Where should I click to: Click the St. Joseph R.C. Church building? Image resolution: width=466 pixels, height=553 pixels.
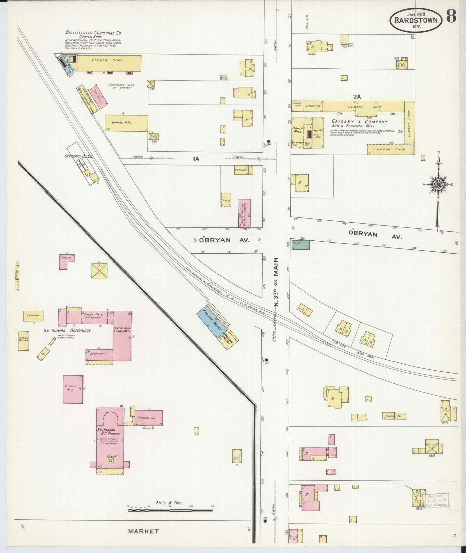click(110, 439)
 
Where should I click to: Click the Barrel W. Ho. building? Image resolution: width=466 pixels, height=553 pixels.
click(126, 123)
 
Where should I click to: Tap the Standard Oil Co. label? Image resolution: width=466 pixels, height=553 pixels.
click(78, 156)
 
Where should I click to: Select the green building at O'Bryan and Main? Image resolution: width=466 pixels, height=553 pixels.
click(301, 245)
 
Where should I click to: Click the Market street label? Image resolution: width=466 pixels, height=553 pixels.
click(144, 531)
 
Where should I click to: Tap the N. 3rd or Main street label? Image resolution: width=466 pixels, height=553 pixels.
click(276, 282)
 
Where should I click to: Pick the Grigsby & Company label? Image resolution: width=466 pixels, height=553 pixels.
click(359, 122)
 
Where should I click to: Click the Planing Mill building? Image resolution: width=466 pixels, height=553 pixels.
click(298, 132)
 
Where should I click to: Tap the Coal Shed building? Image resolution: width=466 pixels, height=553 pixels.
click(243, 170)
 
